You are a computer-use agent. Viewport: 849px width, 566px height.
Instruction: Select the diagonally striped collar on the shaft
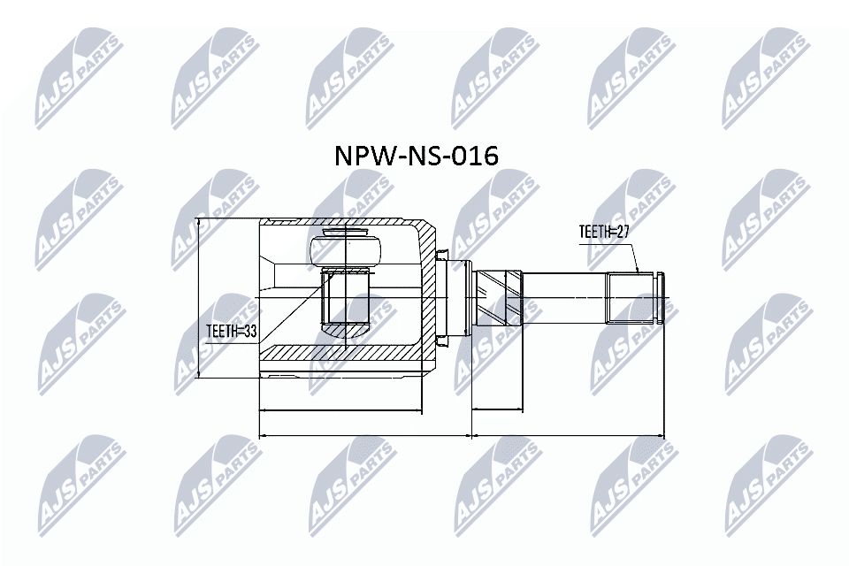[498, 297]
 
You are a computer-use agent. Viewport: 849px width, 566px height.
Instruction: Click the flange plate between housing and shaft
[458, 297]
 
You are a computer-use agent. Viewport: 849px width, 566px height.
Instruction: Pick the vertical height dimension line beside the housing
[201, 297]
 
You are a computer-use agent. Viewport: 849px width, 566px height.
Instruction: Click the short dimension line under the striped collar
[497, 409]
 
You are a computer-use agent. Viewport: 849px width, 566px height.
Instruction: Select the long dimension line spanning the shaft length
[567, 435]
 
